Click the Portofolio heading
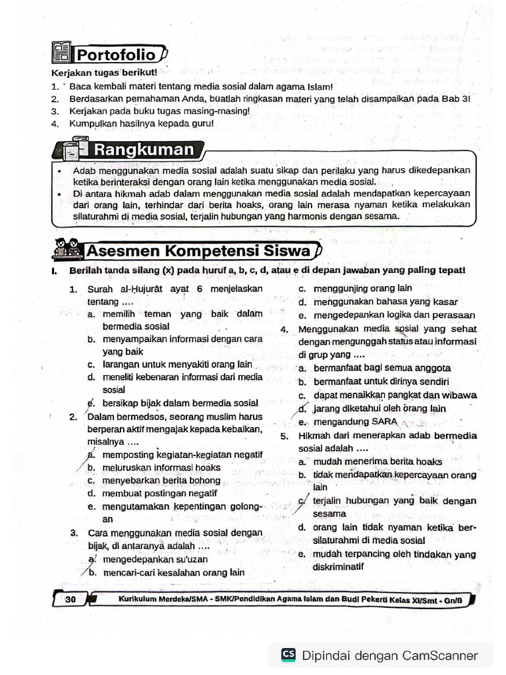click(115, 54)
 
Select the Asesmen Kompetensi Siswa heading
click(198, 251)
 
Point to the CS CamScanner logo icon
click(288, 655)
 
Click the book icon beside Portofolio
click(61, 53)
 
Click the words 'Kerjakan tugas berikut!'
click(104, 73)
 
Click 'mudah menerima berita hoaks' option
click(378, 461)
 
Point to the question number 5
click(284, 436)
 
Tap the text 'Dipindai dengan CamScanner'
click(389, 655)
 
